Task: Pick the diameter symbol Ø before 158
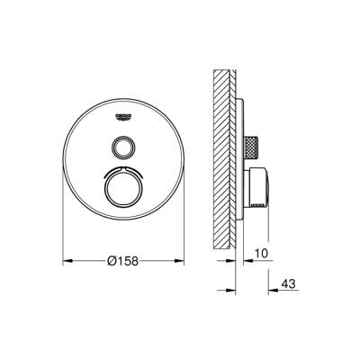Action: (111, 261)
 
